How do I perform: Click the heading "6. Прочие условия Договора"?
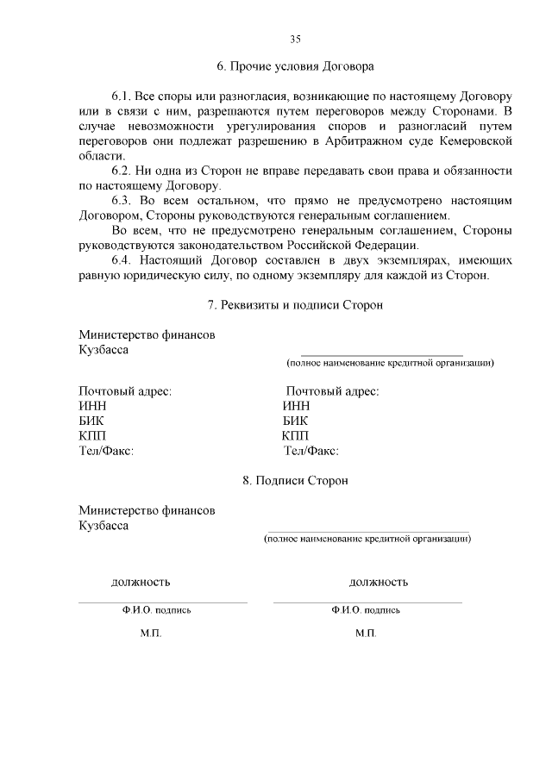(x=295, y=66)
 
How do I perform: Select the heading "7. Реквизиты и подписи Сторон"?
(x=295, y=305)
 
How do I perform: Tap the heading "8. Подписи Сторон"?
(x=295, y=480)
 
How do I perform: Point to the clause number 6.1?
(x=125, y=93)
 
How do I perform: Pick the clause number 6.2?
(x=125, y=171)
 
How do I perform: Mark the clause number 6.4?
(x=125, y=260)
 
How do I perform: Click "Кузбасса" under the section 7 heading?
(x=103, y=350)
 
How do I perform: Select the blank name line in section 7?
(x=381, y=354)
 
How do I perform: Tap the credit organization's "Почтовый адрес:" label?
(x=333, y=391)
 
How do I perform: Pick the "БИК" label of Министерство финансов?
(x=91, y=421)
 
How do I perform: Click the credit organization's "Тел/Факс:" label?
(x=310, y=450)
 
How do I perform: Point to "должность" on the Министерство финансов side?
(x=141, y=582)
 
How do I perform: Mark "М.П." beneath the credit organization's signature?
(x=366, y=633)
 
